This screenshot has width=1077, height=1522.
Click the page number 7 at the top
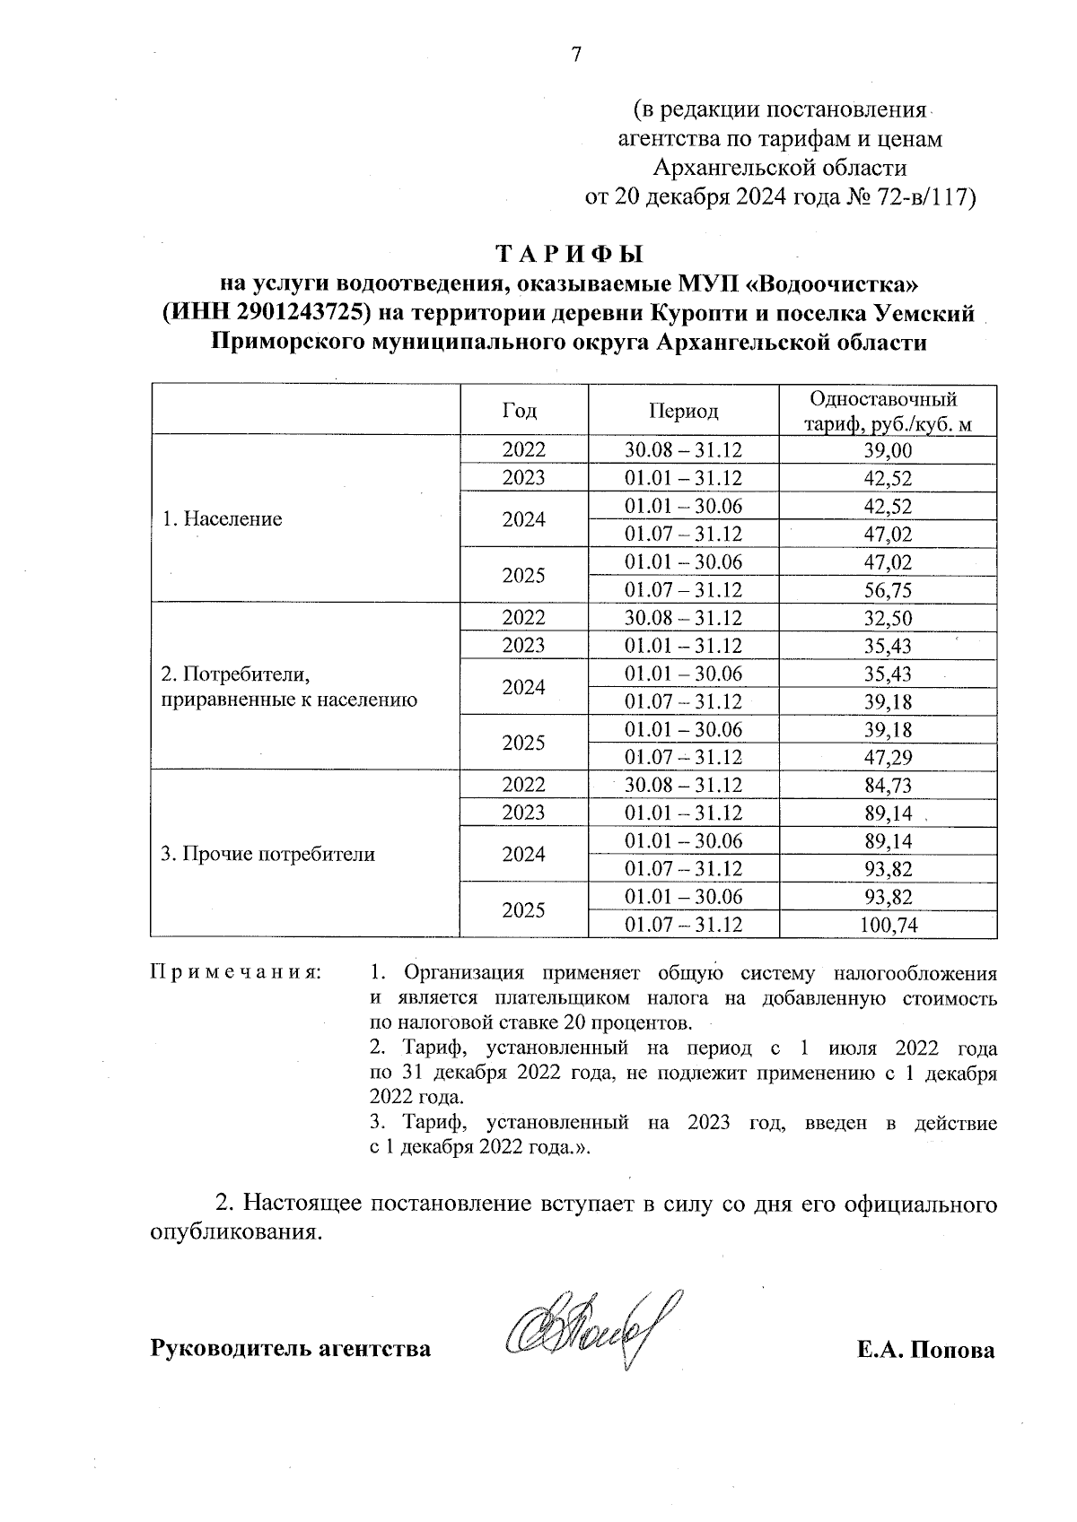tap(577, 55)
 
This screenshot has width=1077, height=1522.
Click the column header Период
tap(683, 411)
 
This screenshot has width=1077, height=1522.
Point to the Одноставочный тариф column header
tap(888, 411)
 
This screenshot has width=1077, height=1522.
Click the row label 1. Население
tap(222, 519)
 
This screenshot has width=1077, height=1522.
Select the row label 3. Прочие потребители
tap(267, 854)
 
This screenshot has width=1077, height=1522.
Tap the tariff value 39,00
tap(888, 450)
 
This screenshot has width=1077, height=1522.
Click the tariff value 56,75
tap(888, 590)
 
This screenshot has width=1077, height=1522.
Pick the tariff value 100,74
tap(888, 925)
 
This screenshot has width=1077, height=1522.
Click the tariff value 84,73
tap(888, 786)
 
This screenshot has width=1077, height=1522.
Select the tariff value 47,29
tap(888, 758)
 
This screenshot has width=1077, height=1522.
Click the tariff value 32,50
tap(888, 618)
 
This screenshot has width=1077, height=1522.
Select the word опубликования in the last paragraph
tap(234, 1232)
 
